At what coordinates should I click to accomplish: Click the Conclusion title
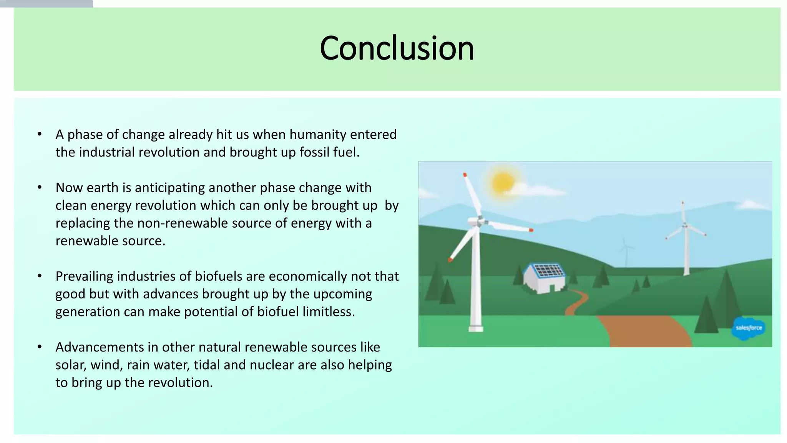[397, 48]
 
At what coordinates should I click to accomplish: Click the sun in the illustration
[502, 183]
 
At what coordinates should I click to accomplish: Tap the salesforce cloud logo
[749, 328]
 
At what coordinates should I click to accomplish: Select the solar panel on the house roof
[548, 270]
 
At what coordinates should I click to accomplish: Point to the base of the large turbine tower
[476, 328]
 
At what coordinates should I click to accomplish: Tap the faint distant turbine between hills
[626, 250]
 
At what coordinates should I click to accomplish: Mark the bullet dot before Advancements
[40, 347]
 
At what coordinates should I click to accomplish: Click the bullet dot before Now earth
[40, 188]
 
